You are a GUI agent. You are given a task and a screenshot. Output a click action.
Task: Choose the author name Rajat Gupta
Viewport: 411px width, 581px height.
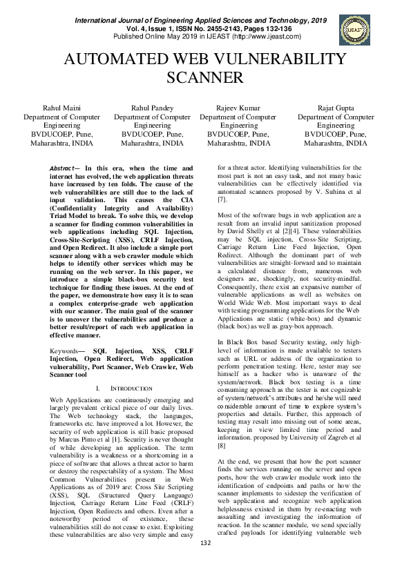tap(336, 109)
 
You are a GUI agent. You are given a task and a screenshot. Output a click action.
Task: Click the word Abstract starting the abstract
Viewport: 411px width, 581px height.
tap(66, 168)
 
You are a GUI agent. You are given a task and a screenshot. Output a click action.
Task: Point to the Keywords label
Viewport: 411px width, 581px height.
tap(67, 351)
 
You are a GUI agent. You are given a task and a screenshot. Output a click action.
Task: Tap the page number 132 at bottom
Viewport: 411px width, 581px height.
tap(205, 563)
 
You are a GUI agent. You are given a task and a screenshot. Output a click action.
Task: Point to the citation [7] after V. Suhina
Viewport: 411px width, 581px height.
tap(222, 199)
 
